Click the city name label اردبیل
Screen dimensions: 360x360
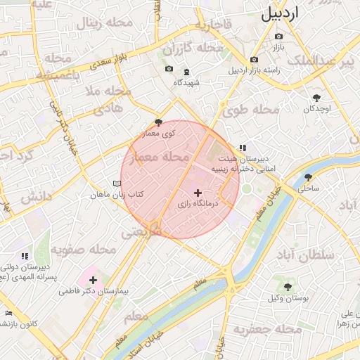[290, 13]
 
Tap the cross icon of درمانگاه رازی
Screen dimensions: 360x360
[198, 192]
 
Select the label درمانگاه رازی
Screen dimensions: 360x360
[198, 203]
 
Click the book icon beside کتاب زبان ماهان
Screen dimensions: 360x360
[116, 183]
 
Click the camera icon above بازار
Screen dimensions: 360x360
[279, 36]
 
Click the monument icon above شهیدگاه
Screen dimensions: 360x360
[186, 72]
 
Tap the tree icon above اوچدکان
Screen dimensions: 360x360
[316, 98]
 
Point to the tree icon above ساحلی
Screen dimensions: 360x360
[307, 177]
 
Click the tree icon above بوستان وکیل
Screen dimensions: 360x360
[288, 287]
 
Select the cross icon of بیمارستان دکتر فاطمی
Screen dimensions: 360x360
[93, 280]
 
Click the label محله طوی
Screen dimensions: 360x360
[252, 110]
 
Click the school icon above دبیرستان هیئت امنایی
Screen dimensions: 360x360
[243, 148]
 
